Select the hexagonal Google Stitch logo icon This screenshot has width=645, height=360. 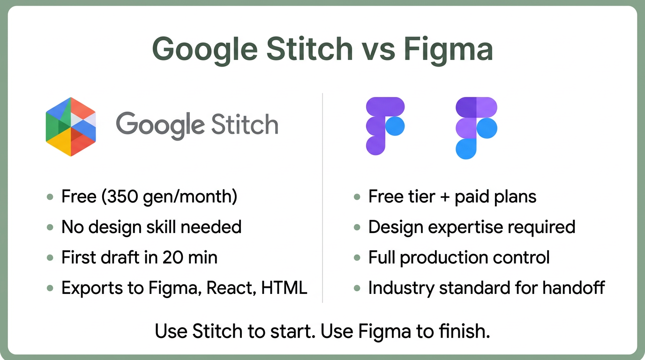tap(71, 127)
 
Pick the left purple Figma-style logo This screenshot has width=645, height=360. tap(384, 126)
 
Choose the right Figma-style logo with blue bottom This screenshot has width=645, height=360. tap(476, 127)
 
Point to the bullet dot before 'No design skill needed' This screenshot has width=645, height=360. tap(50, 227)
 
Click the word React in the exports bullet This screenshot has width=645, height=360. tap(227, 287)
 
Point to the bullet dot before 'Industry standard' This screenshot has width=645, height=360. tap(357, 287)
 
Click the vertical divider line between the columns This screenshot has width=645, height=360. tap(322, 197)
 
